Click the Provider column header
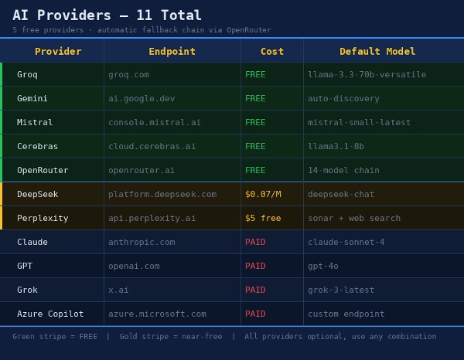tap(58, 52)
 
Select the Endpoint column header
tap(172, 52)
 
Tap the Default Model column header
tap(377, 52)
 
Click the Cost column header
tap(272, 52)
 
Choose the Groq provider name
tap(27, 75)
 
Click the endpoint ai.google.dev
tap(142, 99)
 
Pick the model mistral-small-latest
tap(359, 123)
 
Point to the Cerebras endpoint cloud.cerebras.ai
tap(152, 147)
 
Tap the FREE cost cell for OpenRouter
tap(255, 171)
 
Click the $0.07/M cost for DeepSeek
tap(263, 195)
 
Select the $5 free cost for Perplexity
tap(263, 219)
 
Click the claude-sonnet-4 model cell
tap(346, 243)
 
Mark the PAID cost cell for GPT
tap(255, 267)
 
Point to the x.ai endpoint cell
tap(118, 290)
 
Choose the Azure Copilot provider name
tap(50, 314)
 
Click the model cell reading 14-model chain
tap(343, 171)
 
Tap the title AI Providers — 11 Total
tap(107, 15)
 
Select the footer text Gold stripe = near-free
tap(170, 337)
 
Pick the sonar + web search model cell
tap(354, 219)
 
